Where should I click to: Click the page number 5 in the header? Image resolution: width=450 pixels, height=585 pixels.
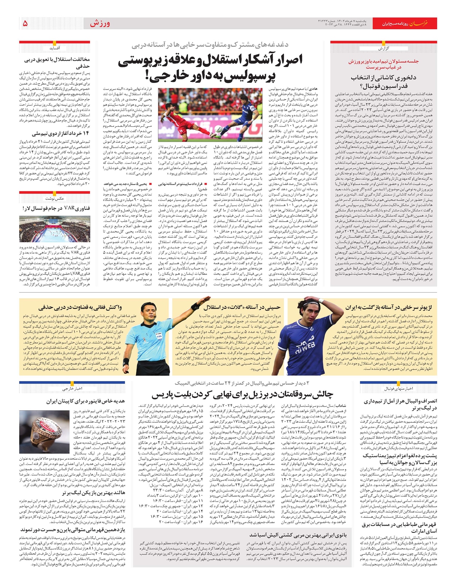coord(25,24)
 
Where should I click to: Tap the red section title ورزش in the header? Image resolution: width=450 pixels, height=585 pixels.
coord(100,24)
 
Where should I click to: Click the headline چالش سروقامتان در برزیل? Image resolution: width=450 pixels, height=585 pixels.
coord(242,394)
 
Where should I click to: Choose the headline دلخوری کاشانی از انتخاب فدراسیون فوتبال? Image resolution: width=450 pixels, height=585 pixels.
coord(383,82)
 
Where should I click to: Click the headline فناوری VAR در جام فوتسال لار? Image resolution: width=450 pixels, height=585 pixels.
coord(56,208)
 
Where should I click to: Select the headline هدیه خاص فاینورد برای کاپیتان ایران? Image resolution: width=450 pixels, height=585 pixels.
coord(85,401)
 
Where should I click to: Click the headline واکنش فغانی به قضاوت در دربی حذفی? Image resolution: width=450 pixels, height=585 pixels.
coord(80,307)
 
